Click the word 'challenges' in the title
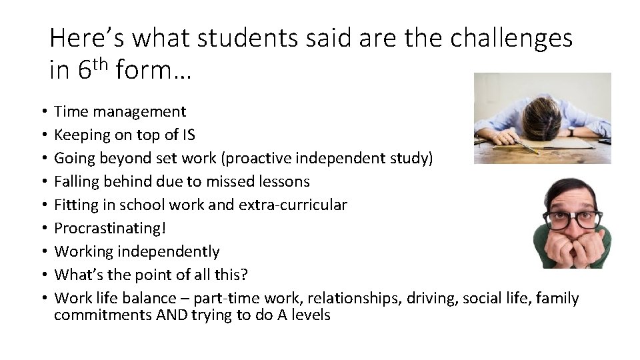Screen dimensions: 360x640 [511, 39]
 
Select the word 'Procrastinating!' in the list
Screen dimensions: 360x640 [109, 228]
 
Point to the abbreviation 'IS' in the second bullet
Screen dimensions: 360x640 [189, 135]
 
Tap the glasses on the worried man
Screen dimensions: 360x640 [573, 219]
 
